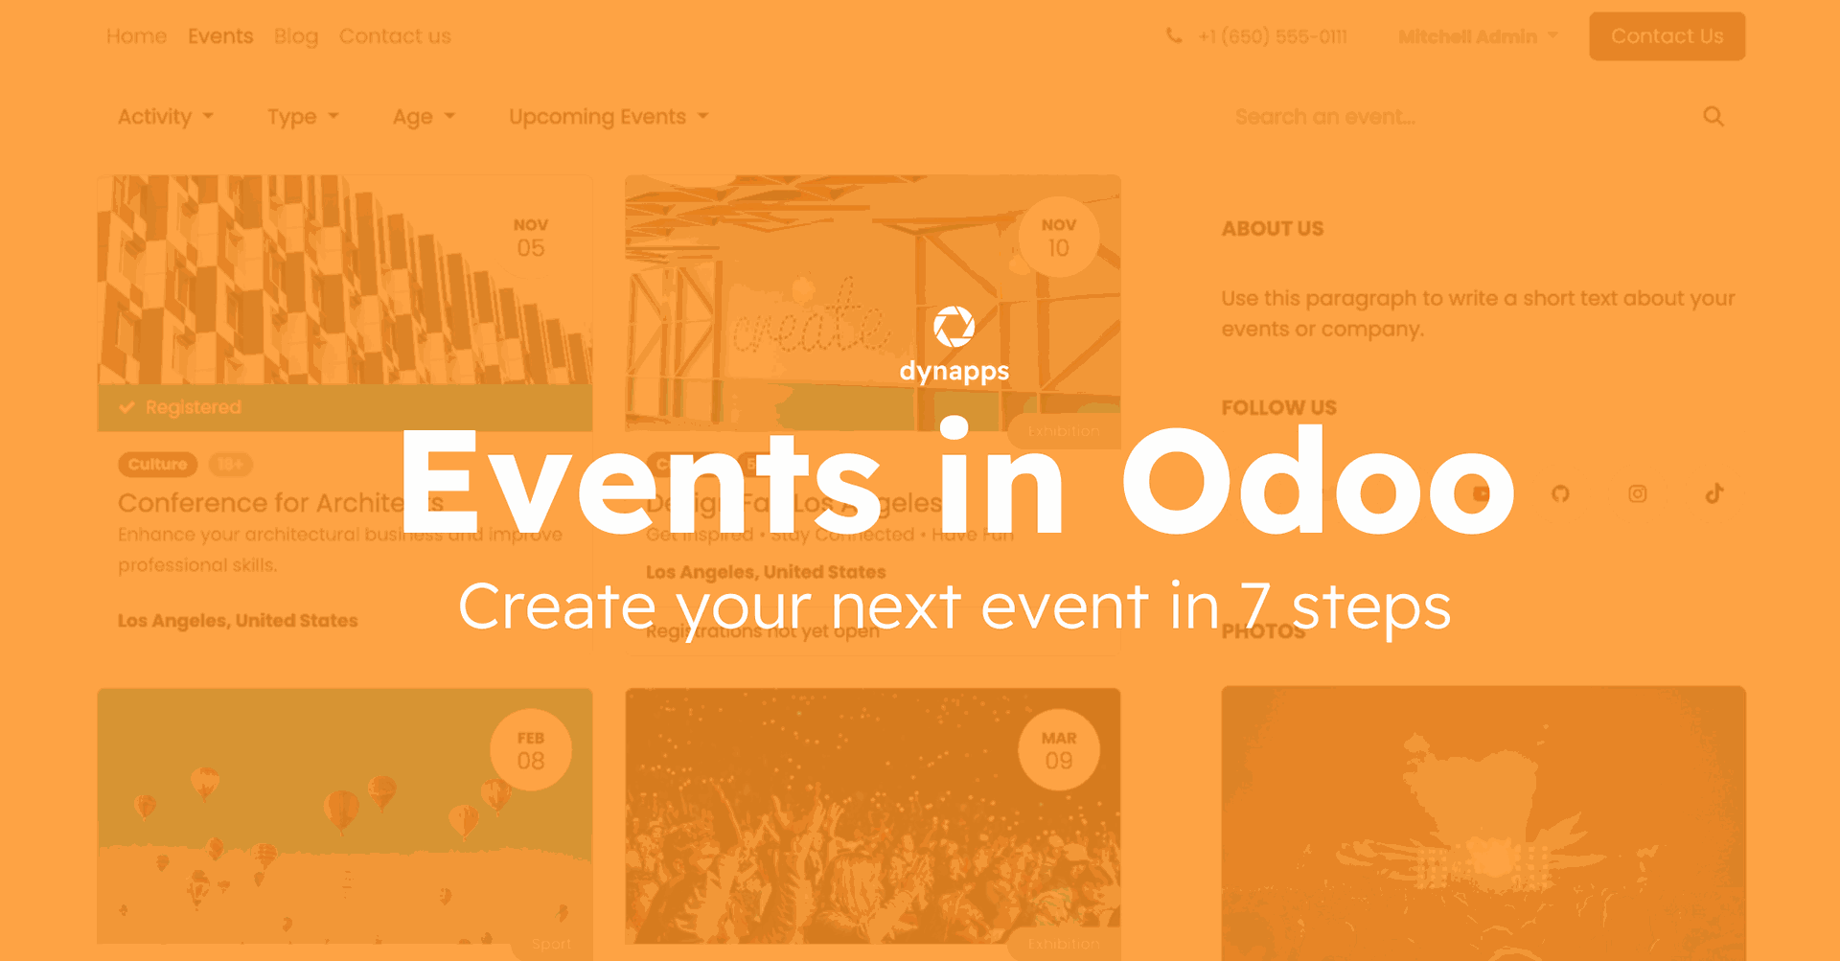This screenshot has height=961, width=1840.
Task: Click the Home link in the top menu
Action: pos(136,36)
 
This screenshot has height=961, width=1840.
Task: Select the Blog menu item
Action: pos(295,36)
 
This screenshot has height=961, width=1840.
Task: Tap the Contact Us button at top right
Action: pos(1667,36)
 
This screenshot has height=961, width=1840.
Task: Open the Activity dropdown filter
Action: pos(165,117)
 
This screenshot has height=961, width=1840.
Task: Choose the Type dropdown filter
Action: pos(302,117)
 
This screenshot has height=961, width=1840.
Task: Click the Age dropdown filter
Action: pos(423,117)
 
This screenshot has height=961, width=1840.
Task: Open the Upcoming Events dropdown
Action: pos(608,117)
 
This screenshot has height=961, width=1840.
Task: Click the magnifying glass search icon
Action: pos(1713,117)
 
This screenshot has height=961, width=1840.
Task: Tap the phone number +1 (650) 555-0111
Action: pos(1272,36)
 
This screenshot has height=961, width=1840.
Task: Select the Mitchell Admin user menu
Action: pos(1476,36)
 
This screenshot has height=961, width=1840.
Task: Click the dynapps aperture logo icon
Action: pos(954,328)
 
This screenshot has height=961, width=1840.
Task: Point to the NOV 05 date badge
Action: pos(530,238)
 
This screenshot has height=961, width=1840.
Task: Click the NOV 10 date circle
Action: pos(1058,238)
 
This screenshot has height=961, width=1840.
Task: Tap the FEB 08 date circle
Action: pos(530,750)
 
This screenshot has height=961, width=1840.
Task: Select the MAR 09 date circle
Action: pos(1058,750)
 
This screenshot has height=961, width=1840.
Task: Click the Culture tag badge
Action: pos(157,465)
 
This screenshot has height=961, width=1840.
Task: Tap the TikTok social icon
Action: pos(1713,493)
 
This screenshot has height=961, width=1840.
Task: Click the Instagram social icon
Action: pos(1637,493)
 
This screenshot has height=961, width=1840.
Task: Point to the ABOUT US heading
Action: pos(1272,229)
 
